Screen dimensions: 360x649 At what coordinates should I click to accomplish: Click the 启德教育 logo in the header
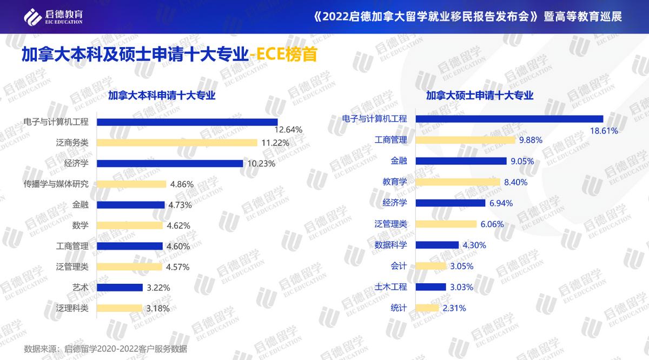[53, 17]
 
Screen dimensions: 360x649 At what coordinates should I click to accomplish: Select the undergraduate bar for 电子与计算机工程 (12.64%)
[187, 122]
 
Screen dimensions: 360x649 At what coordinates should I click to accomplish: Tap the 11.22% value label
[275, 143]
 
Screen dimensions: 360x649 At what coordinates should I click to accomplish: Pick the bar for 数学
[130, 225]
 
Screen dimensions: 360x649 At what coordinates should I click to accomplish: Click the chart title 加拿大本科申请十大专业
[162, 96]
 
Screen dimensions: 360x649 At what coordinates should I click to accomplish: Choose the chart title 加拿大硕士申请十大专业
[480, 96]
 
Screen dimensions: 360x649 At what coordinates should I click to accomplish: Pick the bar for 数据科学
[436, 245]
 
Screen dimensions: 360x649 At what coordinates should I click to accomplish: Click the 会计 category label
[399, 266]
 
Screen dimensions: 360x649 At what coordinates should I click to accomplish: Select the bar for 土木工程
[431, 286]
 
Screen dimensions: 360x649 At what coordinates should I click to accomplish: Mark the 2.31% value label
[454, 308]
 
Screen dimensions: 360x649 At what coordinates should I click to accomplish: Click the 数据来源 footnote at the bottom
[105, 349]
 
